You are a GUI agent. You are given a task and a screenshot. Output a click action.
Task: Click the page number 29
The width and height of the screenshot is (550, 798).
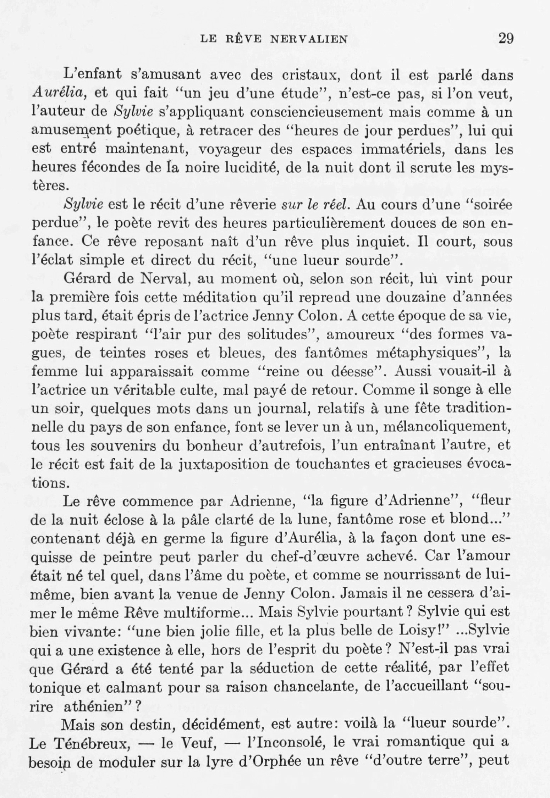pos(506,38)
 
